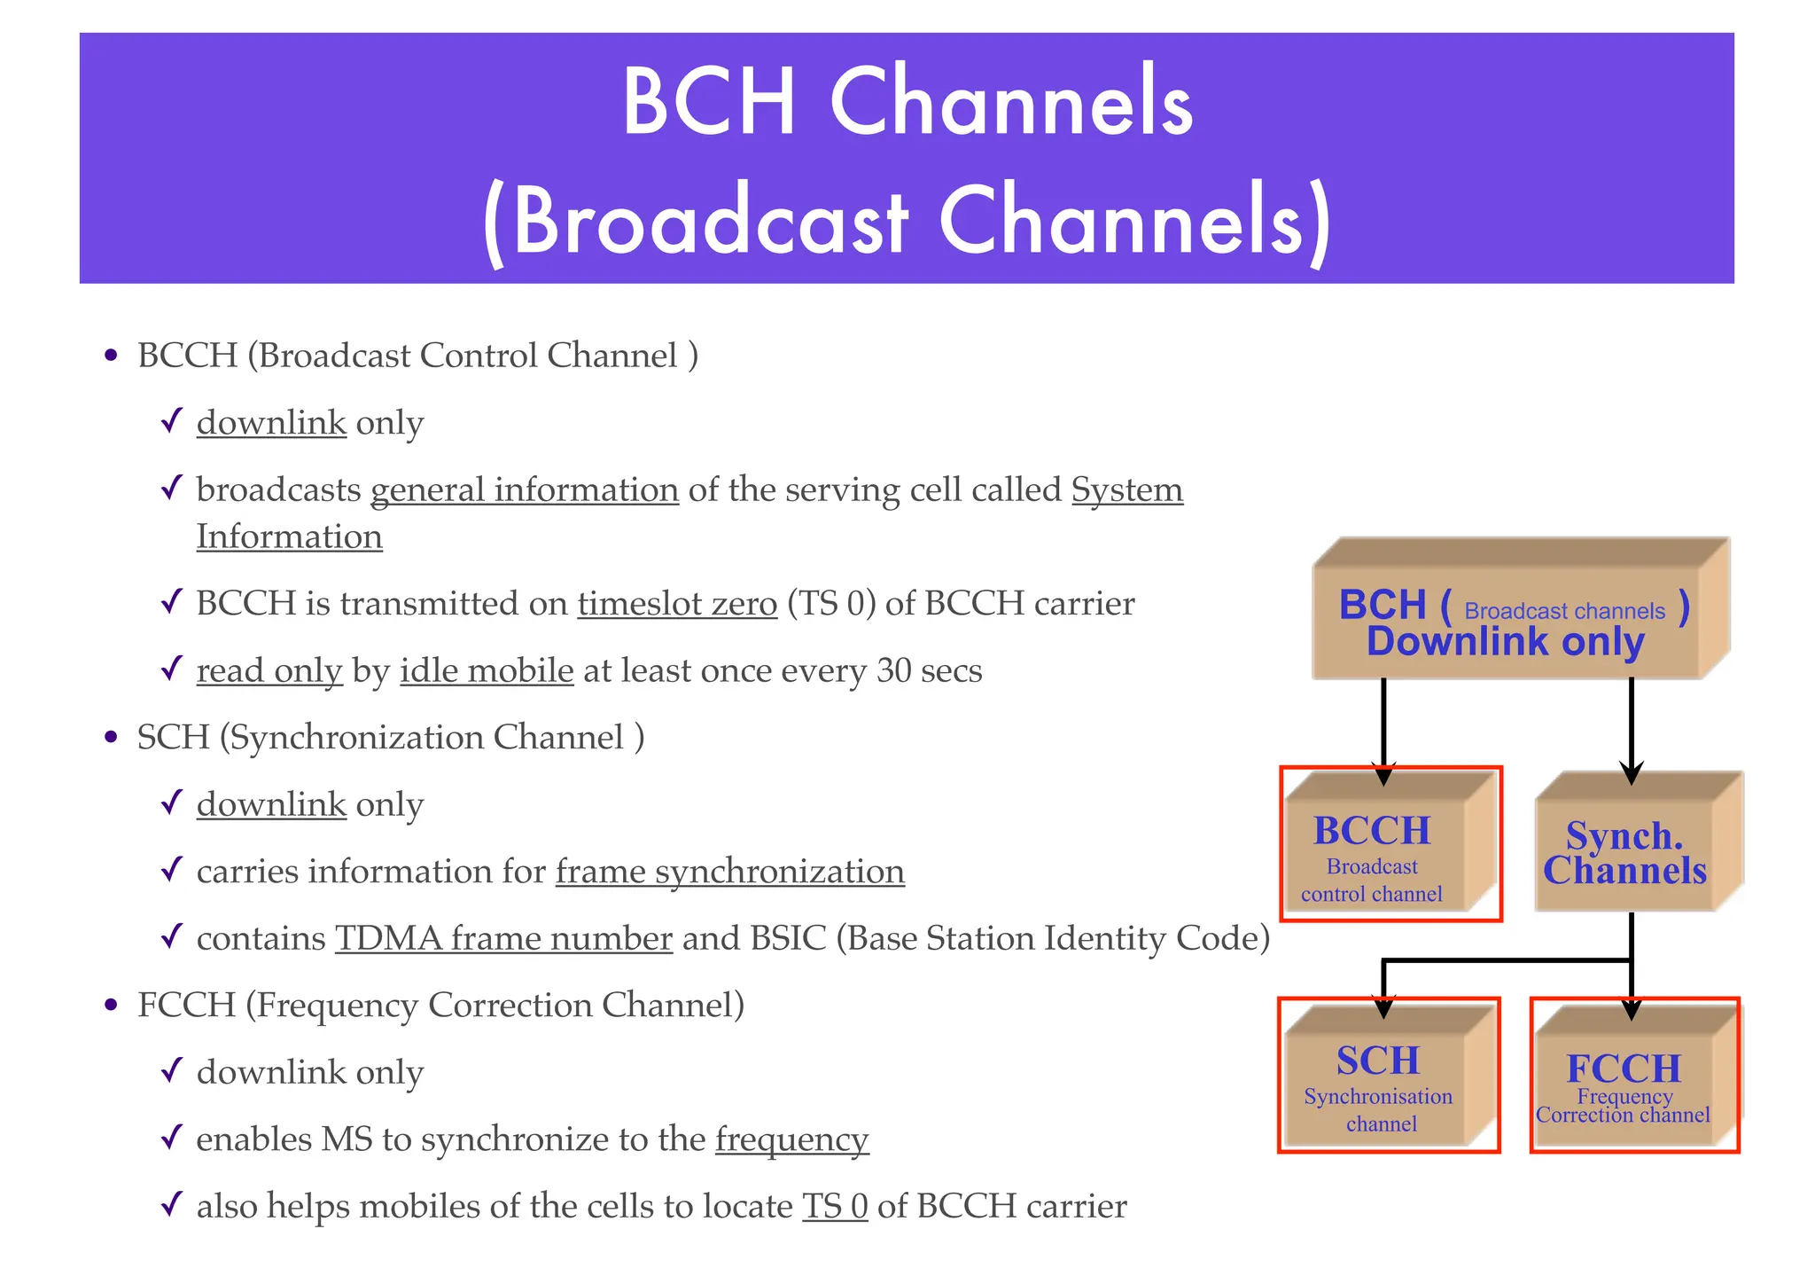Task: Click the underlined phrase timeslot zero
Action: click(677, 603)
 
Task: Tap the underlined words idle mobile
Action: click(487, 670)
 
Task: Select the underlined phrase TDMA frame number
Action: click(503, 938)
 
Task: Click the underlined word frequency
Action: click(791, 1139)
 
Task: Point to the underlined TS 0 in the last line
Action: click(834, 1206)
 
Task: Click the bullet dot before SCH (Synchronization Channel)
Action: click(111, 738)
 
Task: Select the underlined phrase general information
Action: click(525, 489)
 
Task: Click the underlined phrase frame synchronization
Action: click(729, 871)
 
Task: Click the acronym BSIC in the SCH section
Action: click(788, 938)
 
